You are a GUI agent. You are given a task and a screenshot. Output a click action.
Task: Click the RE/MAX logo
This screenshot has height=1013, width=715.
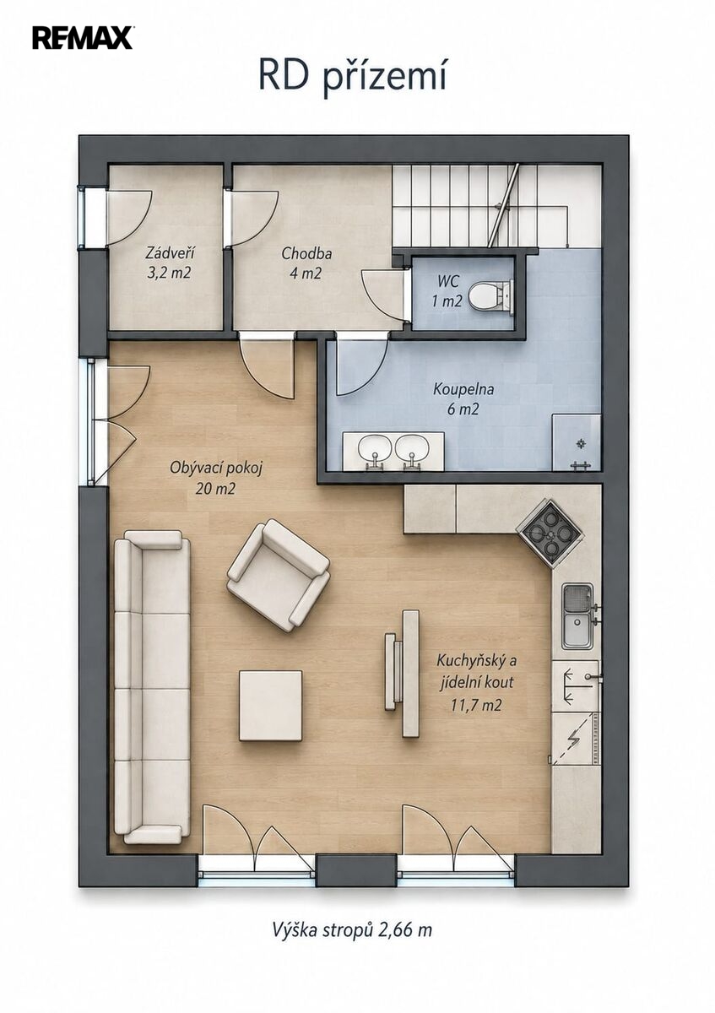tap(83, 38)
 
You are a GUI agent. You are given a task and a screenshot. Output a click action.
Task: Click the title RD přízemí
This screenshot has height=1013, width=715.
tap(352, 78)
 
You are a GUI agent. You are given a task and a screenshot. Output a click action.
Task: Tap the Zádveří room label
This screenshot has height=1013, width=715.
tap(170, 253)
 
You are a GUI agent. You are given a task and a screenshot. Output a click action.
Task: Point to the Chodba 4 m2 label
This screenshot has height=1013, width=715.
tap(306, 263)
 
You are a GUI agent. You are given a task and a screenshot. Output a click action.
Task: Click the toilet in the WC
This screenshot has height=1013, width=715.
tap(490, 295)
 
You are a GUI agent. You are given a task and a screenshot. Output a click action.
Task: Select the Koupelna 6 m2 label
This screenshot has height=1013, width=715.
tap(463, 399)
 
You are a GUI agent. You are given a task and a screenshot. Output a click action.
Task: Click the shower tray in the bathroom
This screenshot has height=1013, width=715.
tap(577, 442)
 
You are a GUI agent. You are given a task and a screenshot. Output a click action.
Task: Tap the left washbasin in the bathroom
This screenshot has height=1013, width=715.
tap(375, 449)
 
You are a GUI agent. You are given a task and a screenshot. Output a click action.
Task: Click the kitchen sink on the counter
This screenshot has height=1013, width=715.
tap(577, 616)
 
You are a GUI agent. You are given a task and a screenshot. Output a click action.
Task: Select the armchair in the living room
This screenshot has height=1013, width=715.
tap(278, 574)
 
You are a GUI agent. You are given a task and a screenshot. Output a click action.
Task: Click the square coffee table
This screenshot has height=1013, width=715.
tap(270, 706)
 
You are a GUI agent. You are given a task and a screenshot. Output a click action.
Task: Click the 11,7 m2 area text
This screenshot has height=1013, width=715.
tap(476, 705)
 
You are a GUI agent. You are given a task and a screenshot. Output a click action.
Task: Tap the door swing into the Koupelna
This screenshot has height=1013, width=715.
tap(362, 366)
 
